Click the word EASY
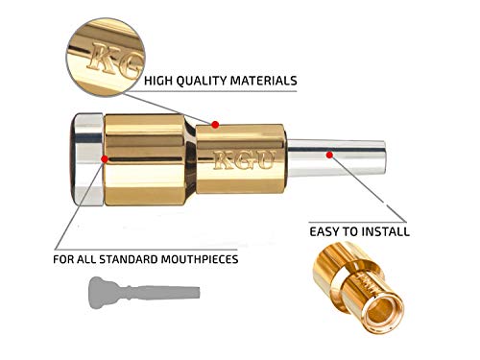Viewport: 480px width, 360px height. tap(327, 231)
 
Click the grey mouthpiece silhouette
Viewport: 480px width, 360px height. tap(143, 291)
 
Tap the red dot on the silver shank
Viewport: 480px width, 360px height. tap(329, 152)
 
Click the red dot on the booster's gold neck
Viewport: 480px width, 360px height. tap(216, 124)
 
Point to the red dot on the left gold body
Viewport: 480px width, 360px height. tap(112, 157)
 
